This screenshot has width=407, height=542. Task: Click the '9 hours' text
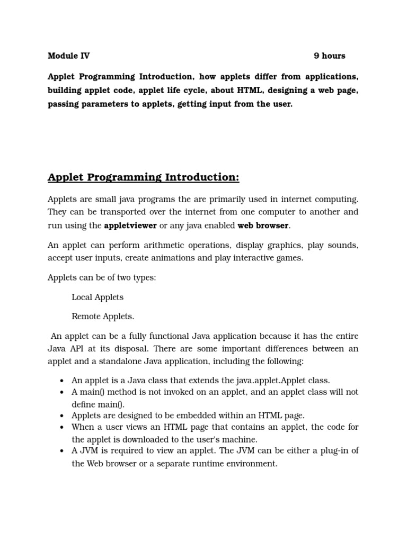tap(329, 56)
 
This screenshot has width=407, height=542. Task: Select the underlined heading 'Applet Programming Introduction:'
tap(143, 177)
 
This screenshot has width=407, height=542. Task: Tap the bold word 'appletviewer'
tap(130, 225)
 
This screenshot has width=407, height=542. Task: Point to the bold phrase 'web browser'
tap(263, 225)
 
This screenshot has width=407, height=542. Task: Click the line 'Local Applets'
tap(98, 297)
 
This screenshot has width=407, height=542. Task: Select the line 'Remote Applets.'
tap(103, 317)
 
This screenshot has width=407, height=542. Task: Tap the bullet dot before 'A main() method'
tap(62, 392)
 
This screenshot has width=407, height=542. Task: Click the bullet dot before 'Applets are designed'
tap(62, 415)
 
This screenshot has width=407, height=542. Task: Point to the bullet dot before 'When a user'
tap(62, 427)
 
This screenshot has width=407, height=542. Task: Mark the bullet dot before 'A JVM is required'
tap(62, 451)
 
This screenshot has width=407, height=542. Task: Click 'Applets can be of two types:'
tap(102, 277)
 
